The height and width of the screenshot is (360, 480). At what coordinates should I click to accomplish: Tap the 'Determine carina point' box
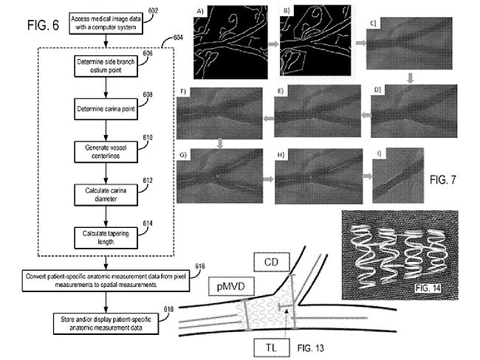coord(107,110)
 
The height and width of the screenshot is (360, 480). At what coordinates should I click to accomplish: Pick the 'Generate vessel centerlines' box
coord(107,152)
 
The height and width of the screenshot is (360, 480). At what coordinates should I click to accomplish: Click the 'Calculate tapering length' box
coord(107,236)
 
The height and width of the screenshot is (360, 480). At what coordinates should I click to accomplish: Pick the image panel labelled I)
coord(399,176)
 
